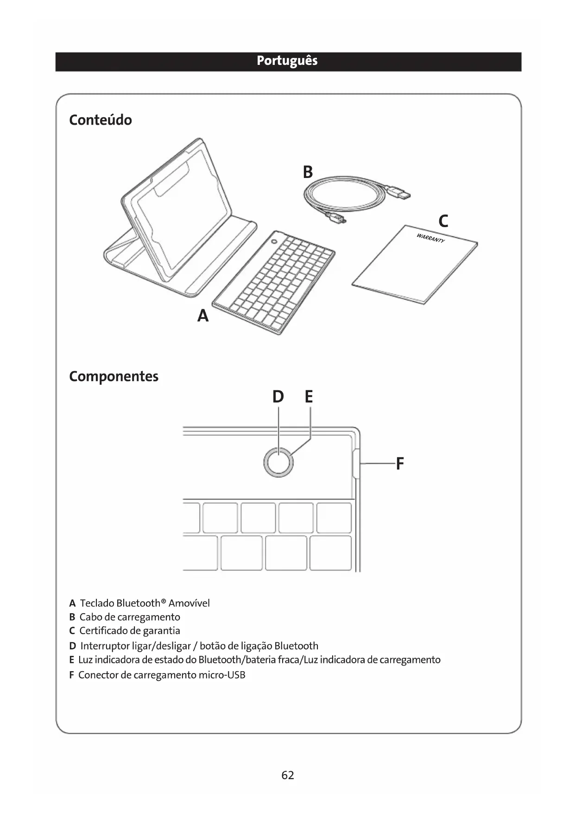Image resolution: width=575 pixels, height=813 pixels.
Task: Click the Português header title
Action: (287, 61)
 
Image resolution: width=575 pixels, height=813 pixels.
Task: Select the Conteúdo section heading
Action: (101, 120)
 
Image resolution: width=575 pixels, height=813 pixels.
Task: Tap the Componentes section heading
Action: (114, 376)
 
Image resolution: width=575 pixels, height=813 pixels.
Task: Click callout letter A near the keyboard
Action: (203, 316)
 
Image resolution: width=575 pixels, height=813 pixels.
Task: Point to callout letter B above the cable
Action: (308, 172)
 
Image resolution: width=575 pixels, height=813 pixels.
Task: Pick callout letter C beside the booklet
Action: (443, 221)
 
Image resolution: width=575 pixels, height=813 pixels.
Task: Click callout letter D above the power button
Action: (278, 397)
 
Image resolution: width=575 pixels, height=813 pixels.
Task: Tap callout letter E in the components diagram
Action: (309, 397)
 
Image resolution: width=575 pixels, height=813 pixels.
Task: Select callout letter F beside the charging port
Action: (400, 463)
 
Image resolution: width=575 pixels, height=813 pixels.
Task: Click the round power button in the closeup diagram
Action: (278, 462)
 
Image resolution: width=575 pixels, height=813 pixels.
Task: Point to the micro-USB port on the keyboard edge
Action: (356, 464)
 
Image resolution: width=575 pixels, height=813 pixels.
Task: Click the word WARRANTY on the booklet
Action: (430, 238)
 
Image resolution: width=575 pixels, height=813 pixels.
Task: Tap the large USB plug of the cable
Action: (399, 192)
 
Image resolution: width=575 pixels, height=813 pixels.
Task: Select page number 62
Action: (288, 775)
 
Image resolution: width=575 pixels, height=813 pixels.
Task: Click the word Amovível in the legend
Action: (189, 603)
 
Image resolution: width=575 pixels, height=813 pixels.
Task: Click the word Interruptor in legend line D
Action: (105, 646)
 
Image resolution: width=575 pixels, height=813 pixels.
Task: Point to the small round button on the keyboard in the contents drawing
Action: (274, 241)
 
